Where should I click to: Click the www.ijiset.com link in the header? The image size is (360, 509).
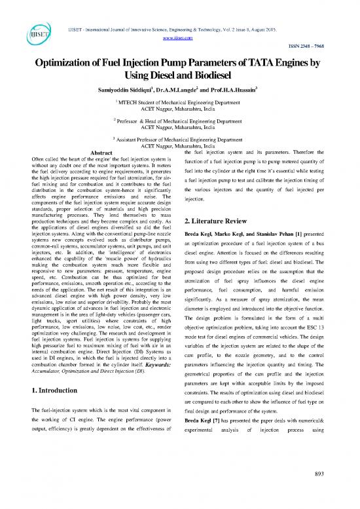click(180, 19)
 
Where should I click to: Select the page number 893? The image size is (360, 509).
click(338, 493)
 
